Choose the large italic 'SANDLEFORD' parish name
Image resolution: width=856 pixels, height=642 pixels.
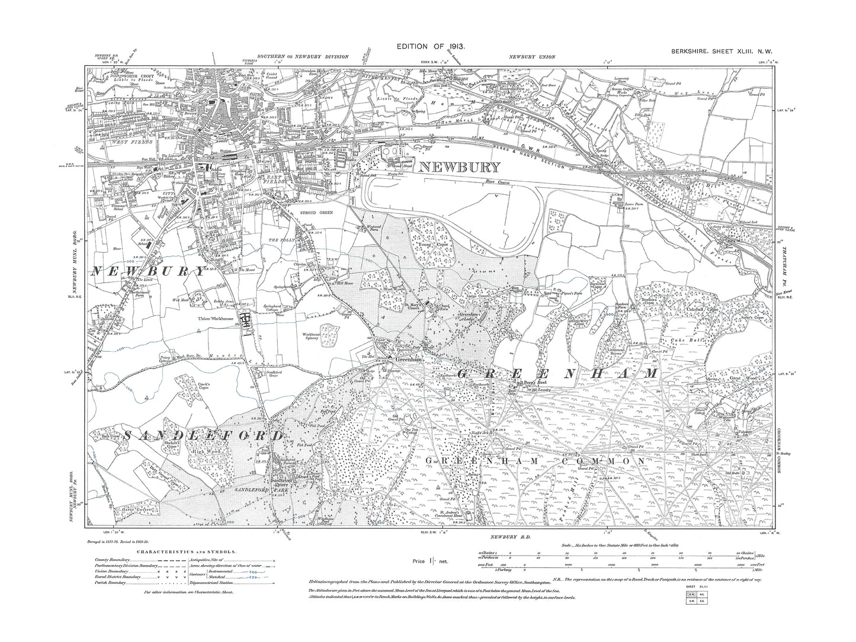coord(187,436)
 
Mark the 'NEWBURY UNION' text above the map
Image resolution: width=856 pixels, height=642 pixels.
coord(531,57)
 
